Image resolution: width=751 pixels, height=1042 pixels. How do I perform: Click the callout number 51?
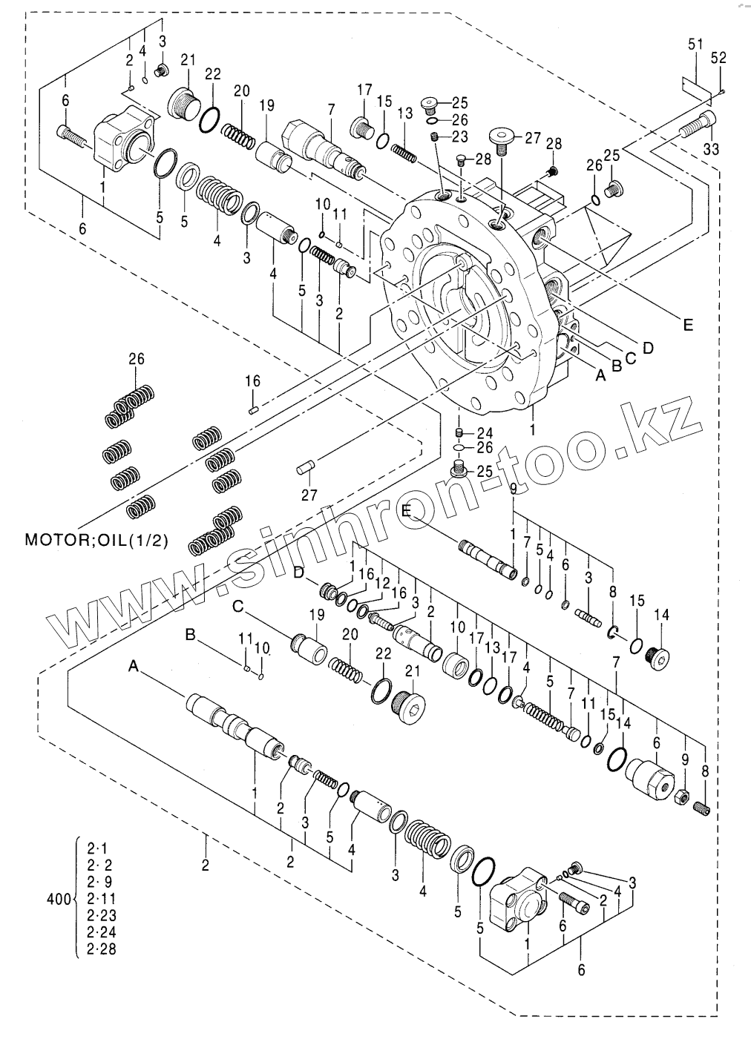[695, 45]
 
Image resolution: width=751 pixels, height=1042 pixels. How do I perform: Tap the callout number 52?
[718, 57]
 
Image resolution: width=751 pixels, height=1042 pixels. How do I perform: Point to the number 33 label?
[712, 149]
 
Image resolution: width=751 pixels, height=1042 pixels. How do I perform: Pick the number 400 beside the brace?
[59, 899]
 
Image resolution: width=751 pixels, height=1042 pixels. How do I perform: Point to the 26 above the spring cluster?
[136, 360]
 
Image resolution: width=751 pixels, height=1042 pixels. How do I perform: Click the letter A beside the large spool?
[134, 667]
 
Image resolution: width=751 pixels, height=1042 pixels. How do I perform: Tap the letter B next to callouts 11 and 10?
[190, 635]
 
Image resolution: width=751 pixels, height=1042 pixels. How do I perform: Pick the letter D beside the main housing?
[648, 347]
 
